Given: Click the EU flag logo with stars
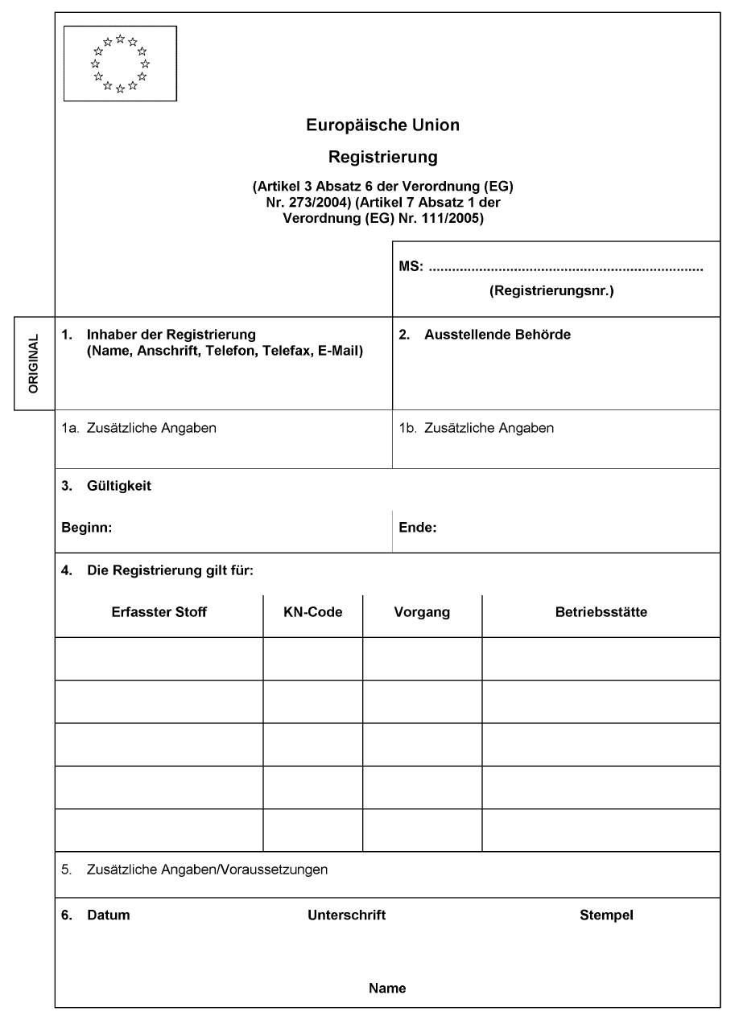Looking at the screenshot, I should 120,64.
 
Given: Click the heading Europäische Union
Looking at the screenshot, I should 383,125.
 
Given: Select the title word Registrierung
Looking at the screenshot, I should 383,155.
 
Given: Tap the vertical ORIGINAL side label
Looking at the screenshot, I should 34,364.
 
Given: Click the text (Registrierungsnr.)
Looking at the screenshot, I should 551,292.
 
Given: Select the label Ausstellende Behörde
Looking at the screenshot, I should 497,335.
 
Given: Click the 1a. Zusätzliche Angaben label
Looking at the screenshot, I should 139,428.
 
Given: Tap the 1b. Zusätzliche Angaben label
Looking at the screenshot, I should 477,428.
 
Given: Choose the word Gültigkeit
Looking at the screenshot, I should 119,486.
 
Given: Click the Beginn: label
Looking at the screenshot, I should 86,529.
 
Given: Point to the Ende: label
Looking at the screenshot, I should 417,529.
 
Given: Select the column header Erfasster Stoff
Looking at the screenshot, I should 159,612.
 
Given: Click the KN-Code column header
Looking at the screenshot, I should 313,612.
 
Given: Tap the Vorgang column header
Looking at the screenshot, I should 422,612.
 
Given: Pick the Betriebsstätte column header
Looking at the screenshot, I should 601,612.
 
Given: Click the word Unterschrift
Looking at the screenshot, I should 347,915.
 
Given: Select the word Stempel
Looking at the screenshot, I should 606,915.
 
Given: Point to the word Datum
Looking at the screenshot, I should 108,915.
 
